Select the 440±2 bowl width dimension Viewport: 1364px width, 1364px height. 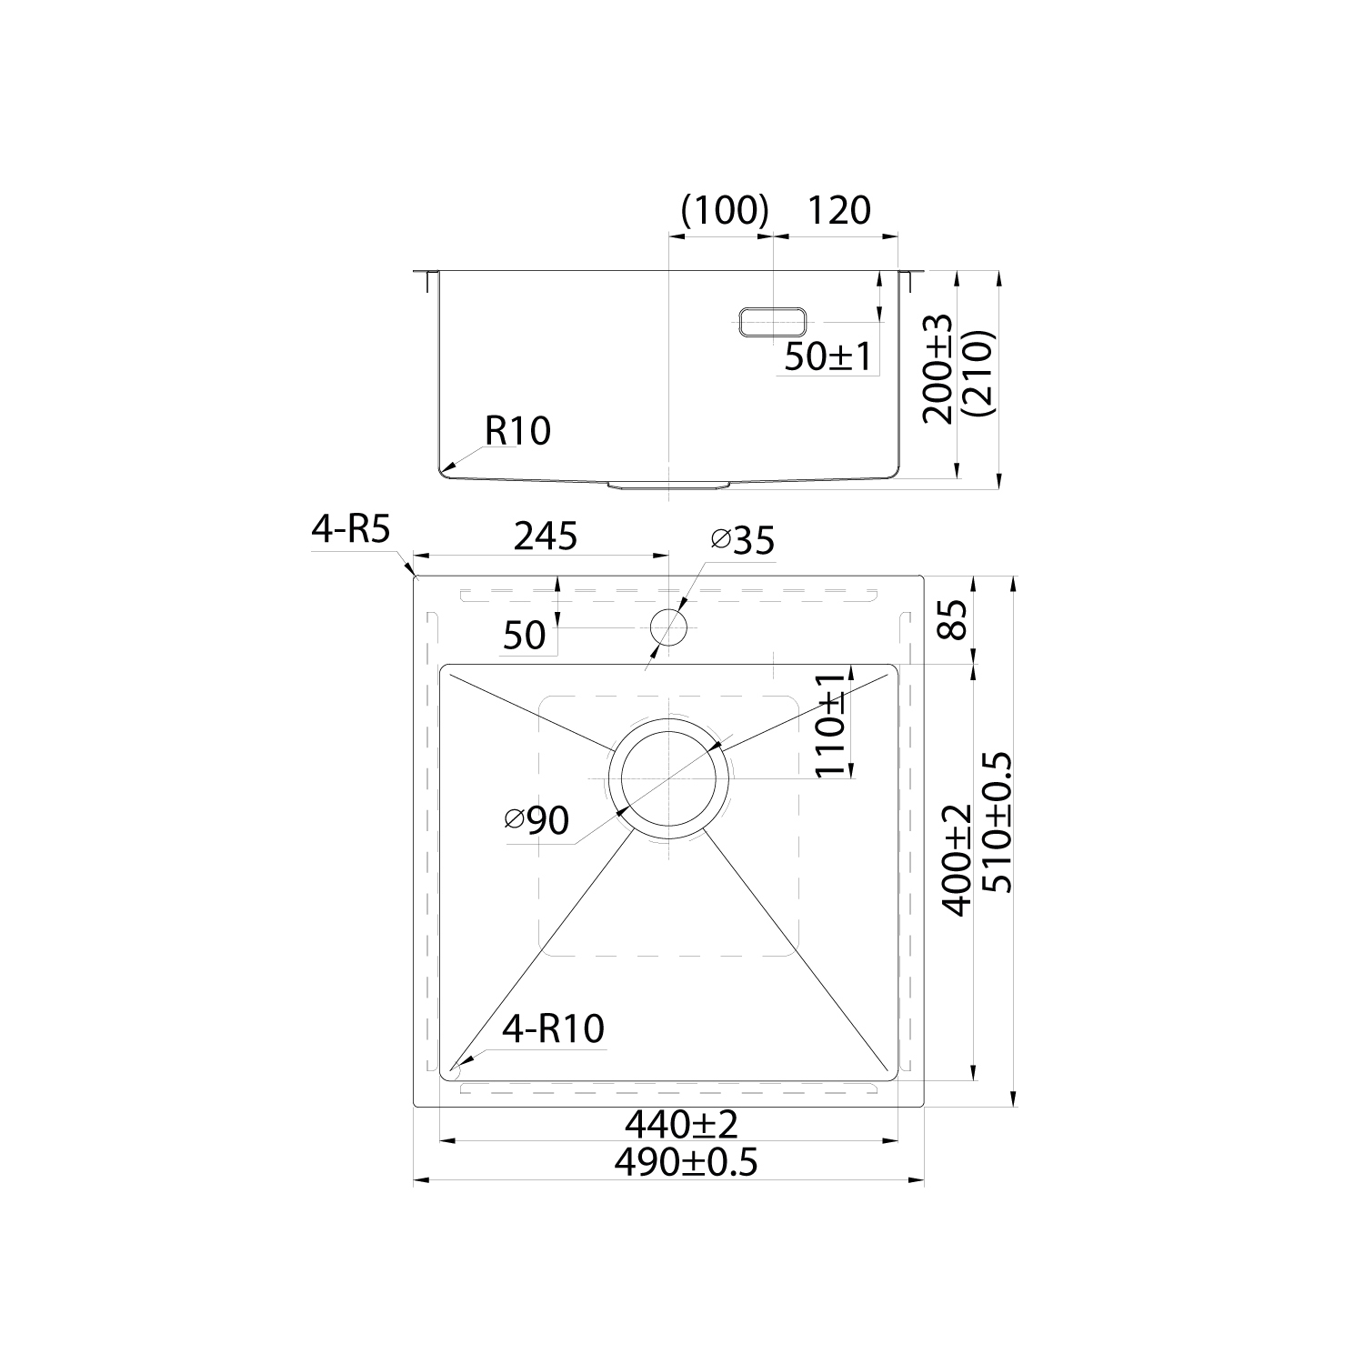pos(680,1126)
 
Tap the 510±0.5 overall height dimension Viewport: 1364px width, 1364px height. pos(996,834)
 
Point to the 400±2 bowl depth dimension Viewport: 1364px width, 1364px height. pos(957,859)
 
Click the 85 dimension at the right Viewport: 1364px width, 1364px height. pos(957,620)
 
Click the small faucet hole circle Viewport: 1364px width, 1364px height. pos(669,626)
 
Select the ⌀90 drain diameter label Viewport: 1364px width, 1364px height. pos(537,821)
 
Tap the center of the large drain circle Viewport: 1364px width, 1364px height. pos(670,780)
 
